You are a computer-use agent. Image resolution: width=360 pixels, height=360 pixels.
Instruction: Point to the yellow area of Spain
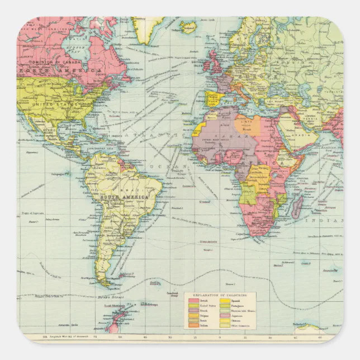tap(212, 99)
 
